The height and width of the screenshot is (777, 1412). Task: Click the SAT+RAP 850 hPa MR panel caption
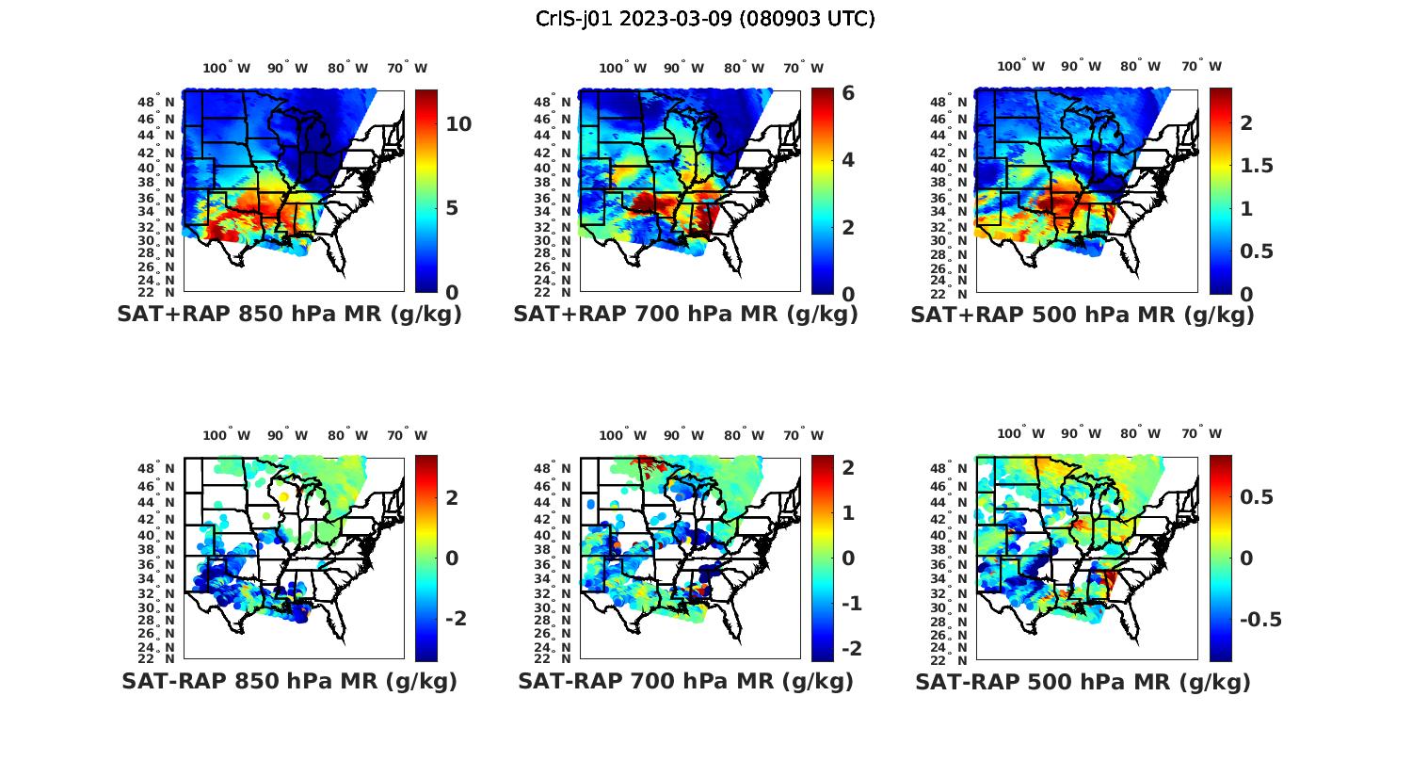pos(289,315)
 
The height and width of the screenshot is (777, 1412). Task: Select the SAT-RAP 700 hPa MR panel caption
pos(685,681)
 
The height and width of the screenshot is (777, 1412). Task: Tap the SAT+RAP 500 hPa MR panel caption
pos(1083,315)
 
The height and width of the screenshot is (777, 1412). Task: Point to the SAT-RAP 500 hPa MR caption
pos(1083,682)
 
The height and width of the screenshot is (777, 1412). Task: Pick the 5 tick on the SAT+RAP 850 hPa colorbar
pos(452,207)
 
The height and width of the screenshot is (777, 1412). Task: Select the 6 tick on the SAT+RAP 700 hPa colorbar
pos(848,92)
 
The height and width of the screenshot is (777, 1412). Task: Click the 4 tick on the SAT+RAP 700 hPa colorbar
pos(848,159)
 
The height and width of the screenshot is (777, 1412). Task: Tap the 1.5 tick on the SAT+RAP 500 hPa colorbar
pos(1257,166)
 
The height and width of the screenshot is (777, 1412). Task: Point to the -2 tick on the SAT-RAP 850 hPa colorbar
pos(456,618)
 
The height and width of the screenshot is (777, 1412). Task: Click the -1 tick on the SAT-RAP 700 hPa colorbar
pos(852,603)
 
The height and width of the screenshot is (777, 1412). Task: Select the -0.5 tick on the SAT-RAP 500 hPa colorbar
pos(1260,619)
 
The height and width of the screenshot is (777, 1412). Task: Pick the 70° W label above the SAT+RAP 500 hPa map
pos(1201,66)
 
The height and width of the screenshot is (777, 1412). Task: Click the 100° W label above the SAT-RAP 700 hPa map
pos(622,435)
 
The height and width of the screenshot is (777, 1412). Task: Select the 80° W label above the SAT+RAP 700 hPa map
pos(744,68)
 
